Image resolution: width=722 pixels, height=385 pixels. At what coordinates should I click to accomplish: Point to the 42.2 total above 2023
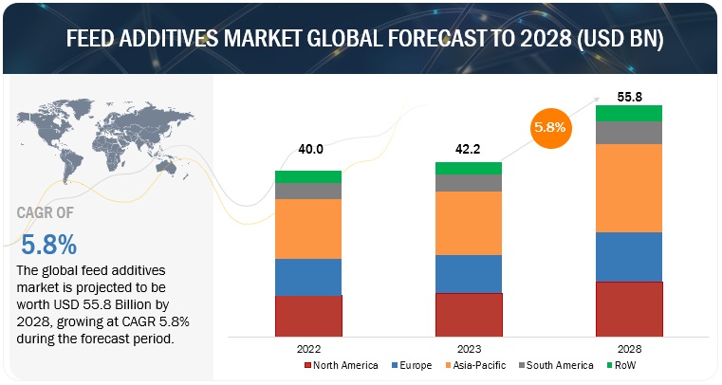[468, 148]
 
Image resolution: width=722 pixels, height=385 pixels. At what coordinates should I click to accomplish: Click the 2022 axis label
[307, 348]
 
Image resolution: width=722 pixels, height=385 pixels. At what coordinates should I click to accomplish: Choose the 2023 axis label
[468, 348]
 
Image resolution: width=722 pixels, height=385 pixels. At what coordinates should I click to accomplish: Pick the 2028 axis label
[628, 348]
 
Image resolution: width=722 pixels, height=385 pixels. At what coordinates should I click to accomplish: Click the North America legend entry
[342, 366]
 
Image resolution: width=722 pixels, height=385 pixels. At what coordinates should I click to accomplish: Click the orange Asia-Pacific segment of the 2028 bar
[628, 188]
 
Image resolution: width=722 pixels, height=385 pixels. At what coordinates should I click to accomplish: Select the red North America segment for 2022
[307, 315]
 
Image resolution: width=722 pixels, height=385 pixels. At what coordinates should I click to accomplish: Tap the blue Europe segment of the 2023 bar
[468, 273]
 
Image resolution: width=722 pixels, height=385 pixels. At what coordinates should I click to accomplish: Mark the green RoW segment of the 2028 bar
[628, 113]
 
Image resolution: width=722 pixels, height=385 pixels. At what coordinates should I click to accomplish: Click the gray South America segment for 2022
[307, 191]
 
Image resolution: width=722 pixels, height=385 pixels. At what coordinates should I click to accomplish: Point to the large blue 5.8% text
[48, 246]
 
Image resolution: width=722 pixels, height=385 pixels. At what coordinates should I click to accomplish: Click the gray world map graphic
[95, 142]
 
